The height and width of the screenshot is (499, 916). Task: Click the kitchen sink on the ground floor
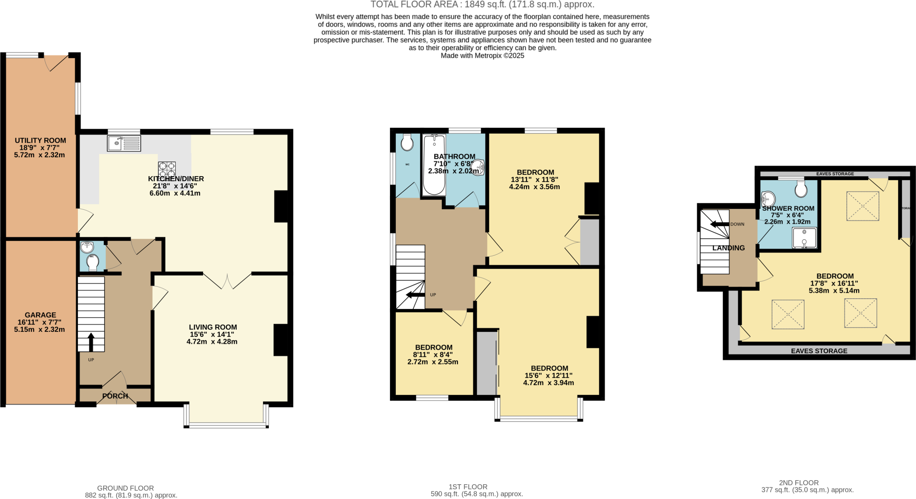[x=124, y=143]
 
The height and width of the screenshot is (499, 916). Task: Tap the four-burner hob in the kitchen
[x=166, y=170]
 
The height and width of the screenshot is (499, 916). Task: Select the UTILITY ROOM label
[x=40, y=140]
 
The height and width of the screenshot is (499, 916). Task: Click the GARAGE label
[x=40, y=315]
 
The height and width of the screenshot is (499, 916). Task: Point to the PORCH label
[x=115, y=396]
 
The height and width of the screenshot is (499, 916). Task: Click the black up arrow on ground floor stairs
[x=91, y=342]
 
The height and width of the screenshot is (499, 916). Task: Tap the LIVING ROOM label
[x=212, y=327]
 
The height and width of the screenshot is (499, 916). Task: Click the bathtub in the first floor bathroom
[x=434, y=165]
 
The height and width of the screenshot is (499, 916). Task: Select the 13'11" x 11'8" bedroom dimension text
[x=534, y=180]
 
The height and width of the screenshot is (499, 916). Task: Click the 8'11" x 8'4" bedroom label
[x=433, y=347]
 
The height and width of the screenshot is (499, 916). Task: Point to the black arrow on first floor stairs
[x=415, y=295]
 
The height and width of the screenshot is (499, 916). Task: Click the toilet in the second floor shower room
[x=801, y=189]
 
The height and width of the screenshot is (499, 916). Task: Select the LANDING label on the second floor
[x=729, y=248]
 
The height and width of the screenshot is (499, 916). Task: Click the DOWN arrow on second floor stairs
[x=720, y=224]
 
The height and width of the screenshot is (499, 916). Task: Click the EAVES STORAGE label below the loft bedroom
[x=819, y=351]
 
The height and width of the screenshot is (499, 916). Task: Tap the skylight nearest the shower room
[x=862, y=206]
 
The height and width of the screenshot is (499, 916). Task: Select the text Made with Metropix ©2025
[x=482, y=56]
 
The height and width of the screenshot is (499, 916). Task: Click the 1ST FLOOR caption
[x=468, y=486]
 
